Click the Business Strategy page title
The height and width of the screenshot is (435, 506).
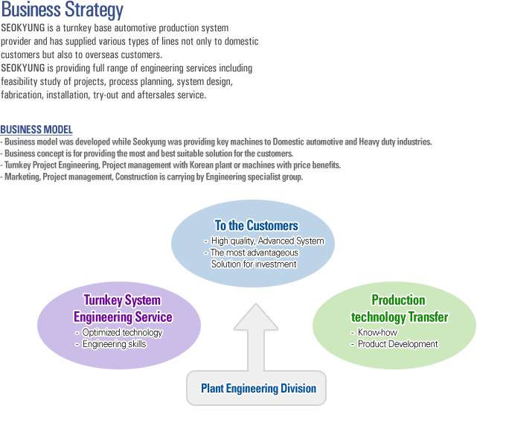coord(63,10)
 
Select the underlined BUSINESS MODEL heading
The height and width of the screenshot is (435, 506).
coord(36,130)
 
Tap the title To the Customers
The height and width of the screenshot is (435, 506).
coord(257,226)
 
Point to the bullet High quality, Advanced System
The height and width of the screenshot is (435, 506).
coord(268,241)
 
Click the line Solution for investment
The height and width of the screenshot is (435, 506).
coord(254,264)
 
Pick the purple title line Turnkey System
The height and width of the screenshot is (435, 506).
coord(122,300)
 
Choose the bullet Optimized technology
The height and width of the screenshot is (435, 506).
coord(122,332)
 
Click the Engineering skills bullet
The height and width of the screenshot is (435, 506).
coord(115,344)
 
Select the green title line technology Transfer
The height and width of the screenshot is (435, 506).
coord(400,317)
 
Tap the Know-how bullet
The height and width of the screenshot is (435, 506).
coord(377,332)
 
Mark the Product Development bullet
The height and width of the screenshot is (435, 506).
coord(398,344)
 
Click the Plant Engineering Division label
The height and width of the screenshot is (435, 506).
coord(258,388)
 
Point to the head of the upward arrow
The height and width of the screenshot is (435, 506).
coord(256,305)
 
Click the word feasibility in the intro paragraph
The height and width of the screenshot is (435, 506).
coord(19,82)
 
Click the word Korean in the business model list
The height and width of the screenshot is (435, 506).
coord(202,165)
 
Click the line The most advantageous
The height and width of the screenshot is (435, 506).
coord(254,253)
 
